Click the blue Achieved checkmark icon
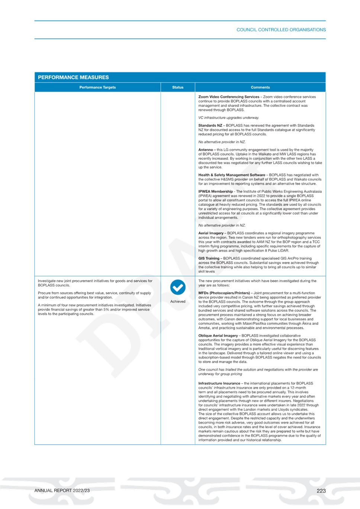click(178, 287)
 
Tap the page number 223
click(321, 491)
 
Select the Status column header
click(178, 87)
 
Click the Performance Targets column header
click(97, 87)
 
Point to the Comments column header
click(260, 87)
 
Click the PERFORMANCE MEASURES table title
click(73, 77)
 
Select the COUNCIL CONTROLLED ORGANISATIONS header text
click(281, 30)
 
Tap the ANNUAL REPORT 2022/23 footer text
click(62, 491)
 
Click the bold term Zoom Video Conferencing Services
click(229, 97)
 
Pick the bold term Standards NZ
click(210, 125)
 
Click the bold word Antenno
click(206, 150)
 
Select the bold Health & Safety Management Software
click(232, 175)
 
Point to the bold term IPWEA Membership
click(216, 192)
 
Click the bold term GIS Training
click(209, 258)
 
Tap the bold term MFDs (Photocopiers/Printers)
click(224, 293)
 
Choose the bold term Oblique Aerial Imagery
click(218, 336)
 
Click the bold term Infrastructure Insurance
click(219, 383)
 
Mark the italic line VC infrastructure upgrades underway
click(229, 118)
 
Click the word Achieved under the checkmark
click(178, 301)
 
